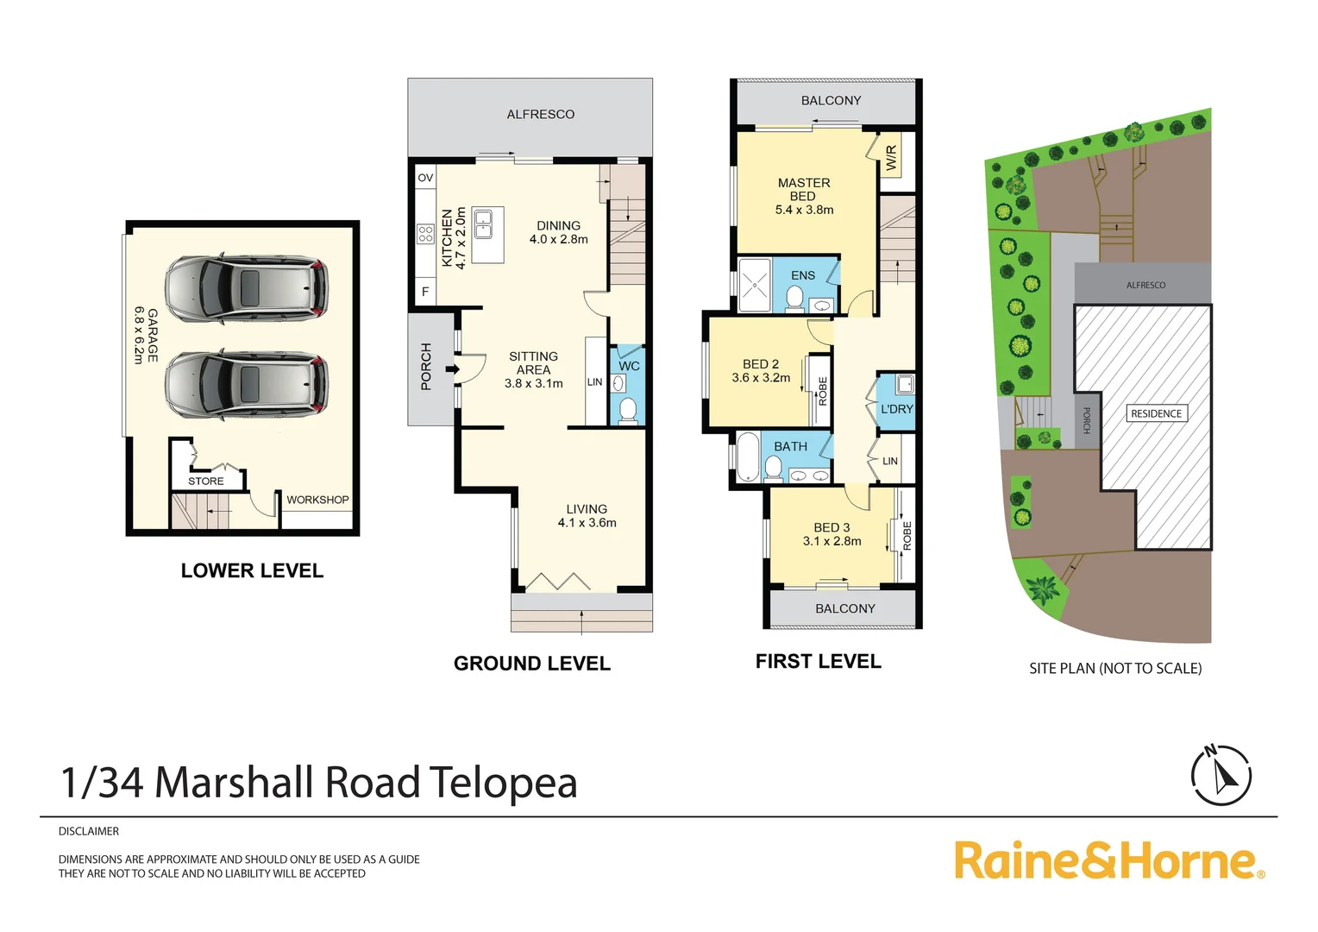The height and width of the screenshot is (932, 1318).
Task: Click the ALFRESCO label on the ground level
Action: [x=540, y=114]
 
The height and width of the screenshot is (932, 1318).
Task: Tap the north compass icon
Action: [x=1221, y=774]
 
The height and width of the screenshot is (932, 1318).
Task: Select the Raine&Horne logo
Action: [x=1108, y=860]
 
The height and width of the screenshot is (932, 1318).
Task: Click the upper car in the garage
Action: [x=247, y=288]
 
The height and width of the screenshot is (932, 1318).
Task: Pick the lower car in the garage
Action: [x=247, y=384]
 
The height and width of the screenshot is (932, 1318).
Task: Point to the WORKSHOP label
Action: [x=317, y=500]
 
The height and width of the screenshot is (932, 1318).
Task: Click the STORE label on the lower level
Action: [x=205, y=482]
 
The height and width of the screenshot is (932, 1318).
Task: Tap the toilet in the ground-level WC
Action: [x=628, y=411]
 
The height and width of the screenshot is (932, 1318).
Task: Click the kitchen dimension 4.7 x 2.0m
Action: [x=461, y=238]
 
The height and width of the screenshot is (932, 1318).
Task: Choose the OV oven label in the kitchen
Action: [x=425, y=178]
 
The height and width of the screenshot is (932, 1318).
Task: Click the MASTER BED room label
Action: [x=803, y=189]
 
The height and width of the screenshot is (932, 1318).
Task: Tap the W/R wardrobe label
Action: [x=891, y=157]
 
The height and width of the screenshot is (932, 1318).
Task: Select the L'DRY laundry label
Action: [x=896, y=409]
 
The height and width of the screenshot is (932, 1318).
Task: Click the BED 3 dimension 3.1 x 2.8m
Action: [x=832, y=541]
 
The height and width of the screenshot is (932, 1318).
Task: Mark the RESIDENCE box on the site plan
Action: [x=1156, y=413]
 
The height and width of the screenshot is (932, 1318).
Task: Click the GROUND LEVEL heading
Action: [x=531, y=664]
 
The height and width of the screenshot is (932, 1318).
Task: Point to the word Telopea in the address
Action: [x=503, y=783]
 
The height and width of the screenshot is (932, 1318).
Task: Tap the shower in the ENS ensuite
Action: [x=755, y=284]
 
